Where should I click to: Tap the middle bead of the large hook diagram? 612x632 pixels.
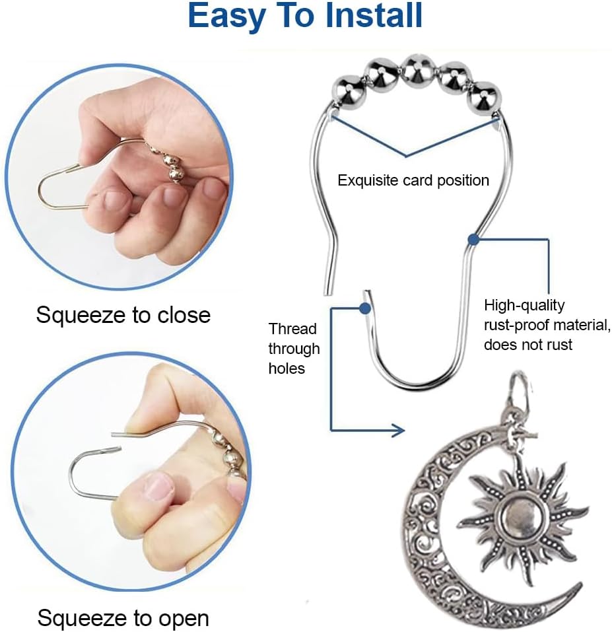point(418,71)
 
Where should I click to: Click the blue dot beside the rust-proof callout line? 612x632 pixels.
point(473,240)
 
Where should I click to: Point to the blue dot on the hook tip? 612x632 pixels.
point(364,308)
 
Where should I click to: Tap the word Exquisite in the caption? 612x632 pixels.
point(368,180)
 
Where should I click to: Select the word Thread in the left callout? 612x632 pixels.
point(292,329)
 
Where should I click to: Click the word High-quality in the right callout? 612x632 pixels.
point(524,306)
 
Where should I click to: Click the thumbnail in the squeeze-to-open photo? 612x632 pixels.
point(158,486)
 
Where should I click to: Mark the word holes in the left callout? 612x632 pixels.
point(287,369)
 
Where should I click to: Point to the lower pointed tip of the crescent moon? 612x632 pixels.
point(580,584)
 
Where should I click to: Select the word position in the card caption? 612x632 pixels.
point(463,180)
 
